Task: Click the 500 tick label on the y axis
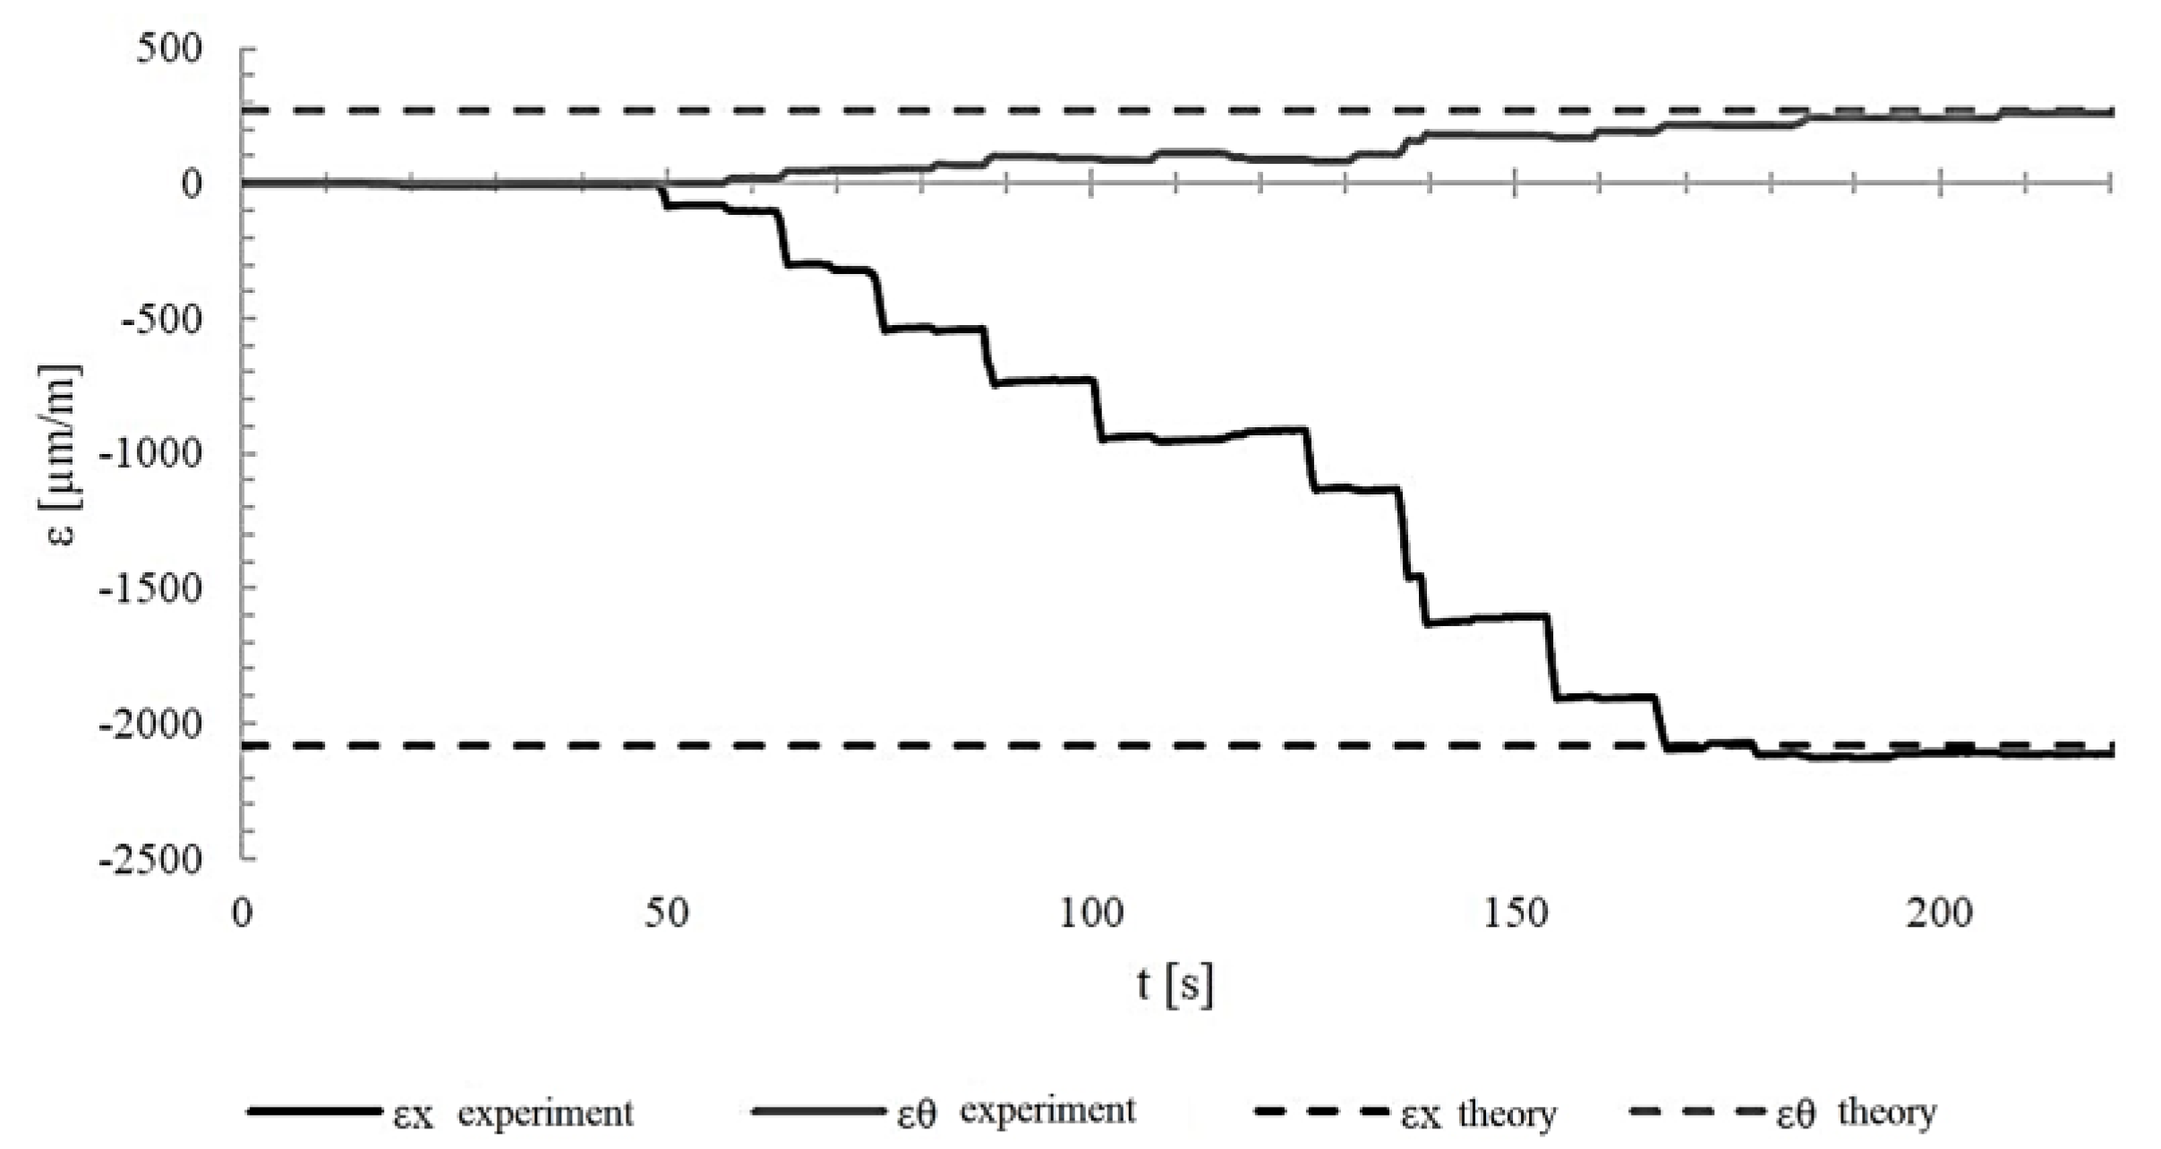click(x=169, y=48)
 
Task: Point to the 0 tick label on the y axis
click(x=191, y=184)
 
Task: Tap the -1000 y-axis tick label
click(x=150, y=454)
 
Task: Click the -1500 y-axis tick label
click(x=150, y=589)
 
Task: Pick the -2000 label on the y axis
click(x=150, y=725)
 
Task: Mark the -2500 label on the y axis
click(x=150, y=860)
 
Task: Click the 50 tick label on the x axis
click(x=667, y=913)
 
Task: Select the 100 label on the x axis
click(x=1090, y=913)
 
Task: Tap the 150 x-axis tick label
click(x=1516, y=913)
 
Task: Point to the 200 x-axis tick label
click(x=1940, y=913)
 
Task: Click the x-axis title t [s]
click(x=1175, y=985)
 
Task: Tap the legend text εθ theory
click(x=1857, y=1113)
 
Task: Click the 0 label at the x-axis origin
click(x=242, y=913)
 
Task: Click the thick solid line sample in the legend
click(x=313, y=1112)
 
